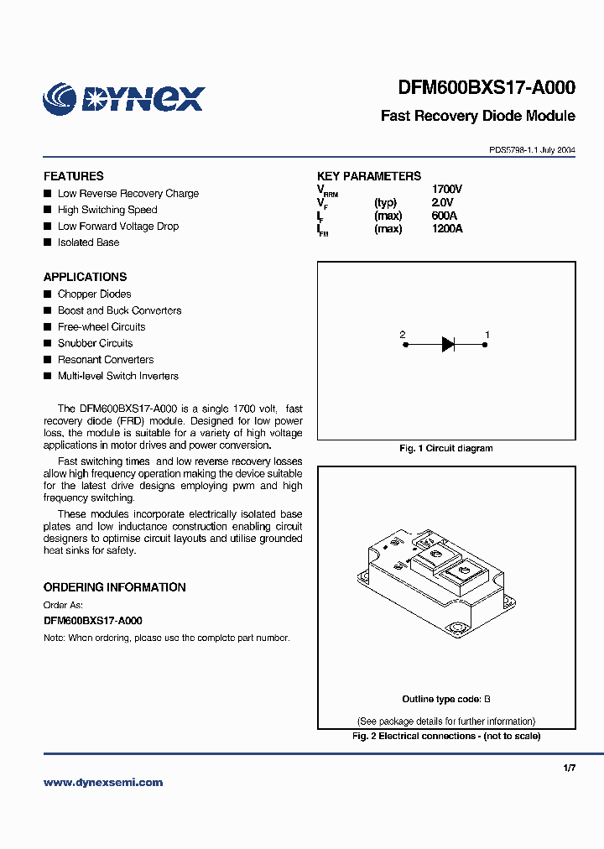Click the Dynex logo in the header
click(123, 98)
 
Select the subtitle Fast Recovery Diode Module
click(477, 116)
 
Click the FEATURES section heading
click(74, 176)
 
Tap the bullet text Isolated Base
click(88, 242)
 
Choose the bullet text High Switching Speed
click(107, 210)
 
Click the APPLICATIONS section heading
click(85, 277)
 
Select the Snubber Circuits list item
click(95, 343)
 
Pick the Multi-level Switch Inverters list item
click(117, 376)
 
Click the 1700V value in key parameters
click(446, 190)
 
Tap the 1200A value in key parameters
click(446, 229)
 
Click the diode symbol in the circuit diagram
click(448, 343)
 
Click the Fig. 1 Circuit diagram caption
click(445, 449)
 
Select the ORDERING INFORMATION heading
click(114, 587)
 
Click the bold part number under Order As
click(92, 621)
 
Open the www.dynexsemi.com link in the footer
click(103, 783)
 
